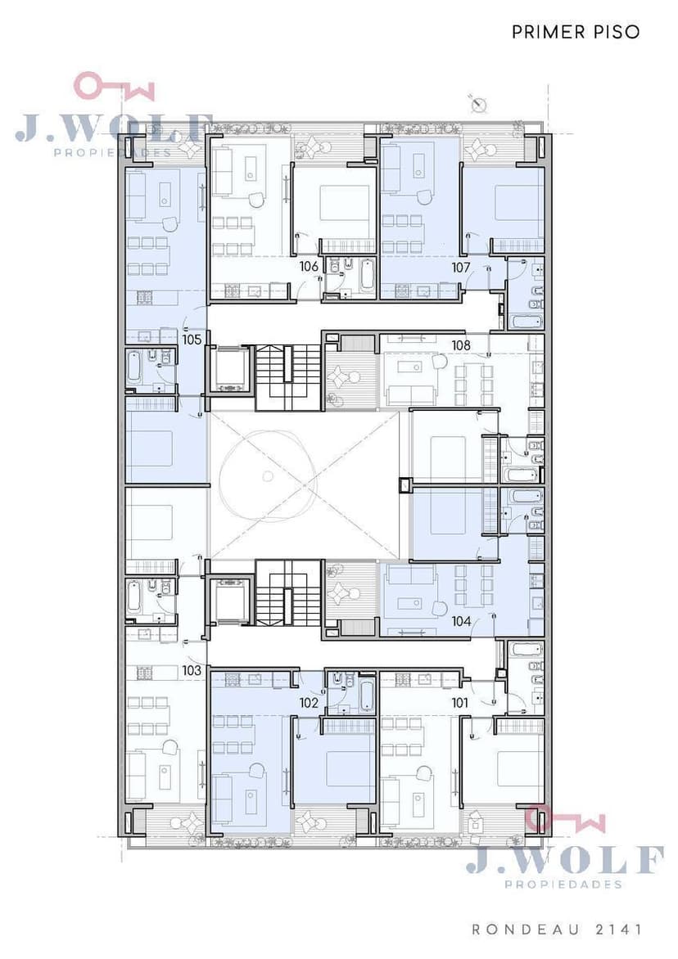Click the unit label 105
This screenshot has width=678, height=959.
[192, 339]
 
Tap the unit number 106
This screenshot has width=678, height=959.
[309, 266]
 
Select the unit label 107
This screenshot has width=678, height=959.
[461, 268]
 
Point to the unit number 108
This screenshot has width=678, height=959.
[461, 345]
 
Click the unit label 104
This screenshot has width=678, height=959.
[461, 621]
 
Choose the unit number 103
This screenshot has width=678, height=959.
[192, 670]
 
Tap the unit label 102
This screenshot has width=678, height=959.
[309, 703]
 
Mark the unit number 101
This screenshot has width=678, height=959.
[460, 703]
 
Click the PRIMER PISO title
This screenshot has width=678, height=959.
[576, 32]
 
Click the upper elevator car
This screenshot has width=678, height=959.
[232, 369]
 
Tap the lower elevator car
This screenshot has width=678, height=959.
[232, 599]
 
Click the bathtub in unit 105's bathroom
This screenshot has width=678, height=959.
[135, 369]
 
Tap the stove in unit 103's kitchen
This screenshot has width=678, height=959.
[144, 673]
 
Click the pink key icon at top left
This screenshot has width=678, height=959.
[114, 87]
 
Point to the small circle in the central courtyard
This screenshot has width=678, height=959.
[266, 476]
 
